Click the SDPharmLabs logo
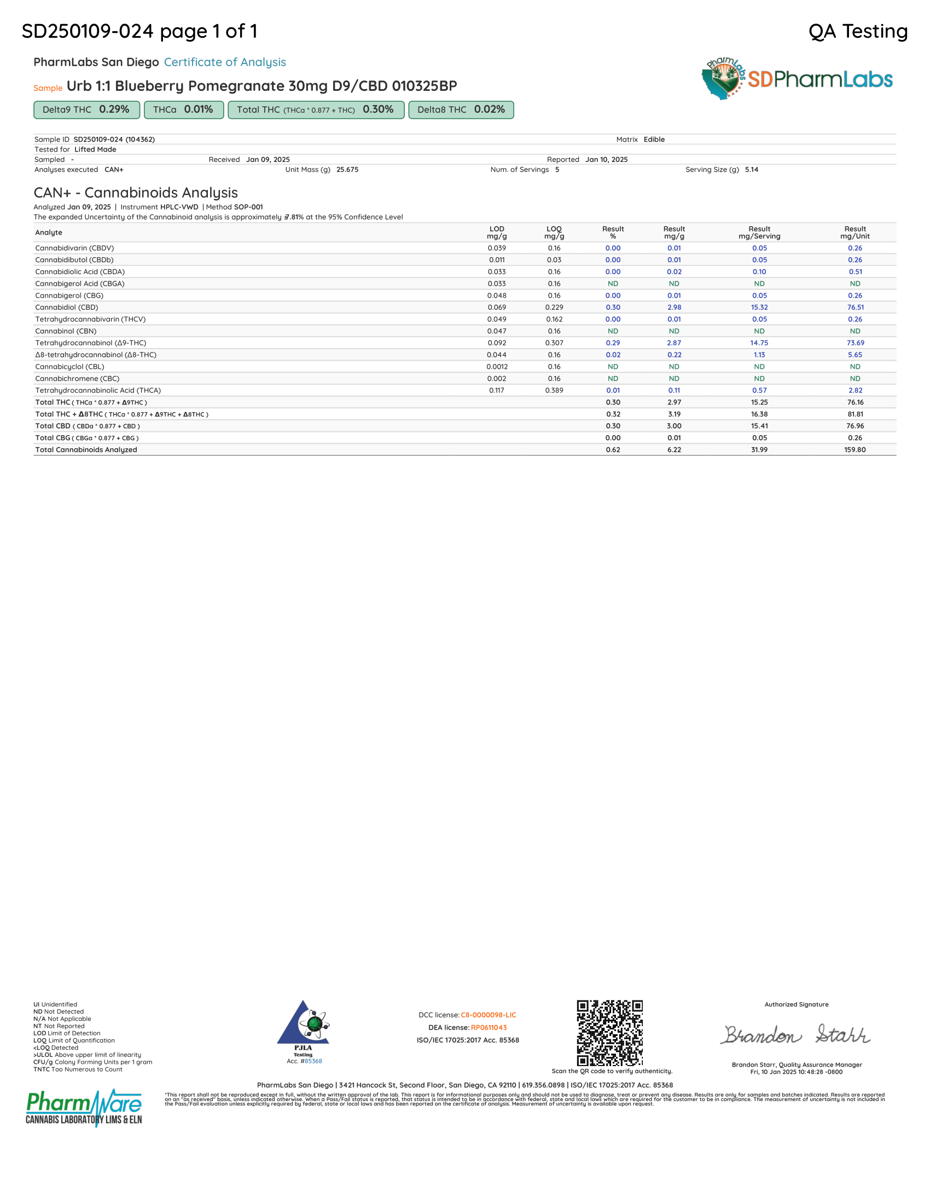tap(797, 79)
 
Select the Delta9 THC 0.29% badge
tap(86, 109)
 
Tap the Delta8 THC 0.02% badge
tap(461, 109)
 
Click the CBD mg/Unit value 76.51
tap(855, 308)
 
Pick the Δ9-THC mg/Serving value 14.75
tap(759, 343)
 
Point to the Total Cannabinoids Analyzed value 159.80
tap(855, 450)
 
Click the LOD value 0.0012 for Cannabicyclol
tap(497, 367)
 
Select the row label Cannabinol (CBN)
tap(66, 331)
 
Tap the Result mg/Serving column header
tap(759, 233)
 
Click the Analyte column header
tap(49, 233)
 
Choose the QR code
tap(609, 1033)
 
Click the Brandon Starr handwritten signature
tap(797, 1035)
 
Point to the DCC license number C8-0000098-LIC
tap(488, 1015)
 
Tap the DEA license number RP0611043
tap(489, 1028)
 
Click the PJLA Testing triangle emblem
tap(304, 1025)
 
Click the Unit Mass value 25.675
tap(347, 170)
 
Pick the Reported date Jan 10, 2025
tap(606, 160)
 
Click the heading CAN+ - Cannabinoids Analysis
tap(136, 193)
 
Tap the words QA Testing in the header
tap(857, 31)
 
